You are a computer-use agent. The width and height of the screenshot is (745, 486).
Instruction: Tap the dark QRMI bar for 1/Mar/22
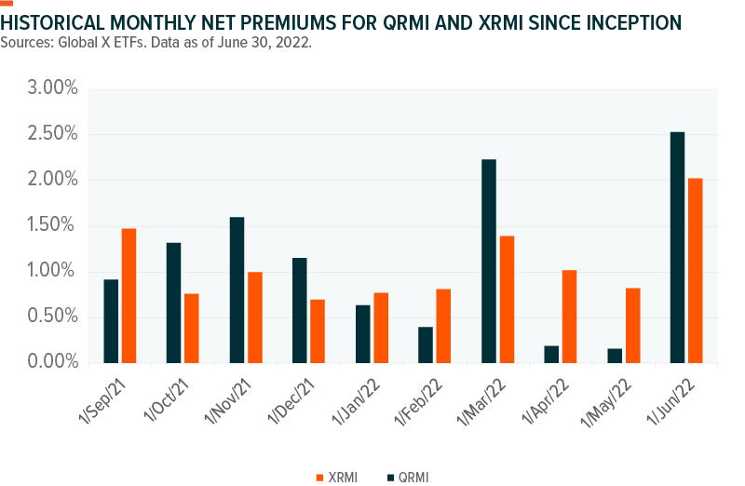point(489,261)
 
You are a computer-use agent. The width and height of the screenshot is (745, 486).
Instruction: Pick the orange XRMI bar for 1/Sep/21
point(129,295)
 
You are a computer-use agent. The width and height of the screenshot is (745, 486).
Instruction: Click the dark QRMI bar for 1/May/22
point(615,355)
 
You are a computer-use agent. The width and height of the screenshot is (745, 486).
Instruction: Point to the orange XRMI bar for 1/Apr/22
point(569,316)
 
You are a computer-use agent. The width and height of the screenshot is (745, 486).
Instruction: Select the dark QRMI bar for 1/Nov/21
point(237,290)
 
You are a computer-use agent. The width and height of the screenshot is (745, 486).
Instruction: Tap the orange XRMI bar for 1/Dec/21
point(318,331)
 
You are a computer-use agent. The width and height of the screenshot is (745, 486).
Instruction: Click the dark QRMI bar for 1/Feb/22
point(426,344)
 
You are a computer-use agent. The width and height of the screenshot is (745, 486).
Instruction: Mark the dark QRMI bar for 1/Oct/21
point(173,303)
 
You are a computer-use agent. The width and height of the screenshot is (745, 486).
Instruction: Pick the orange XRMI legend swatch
point(318,476)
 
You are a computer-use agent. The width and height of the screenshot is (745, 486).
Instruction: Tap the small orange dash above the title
point(7,4)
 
